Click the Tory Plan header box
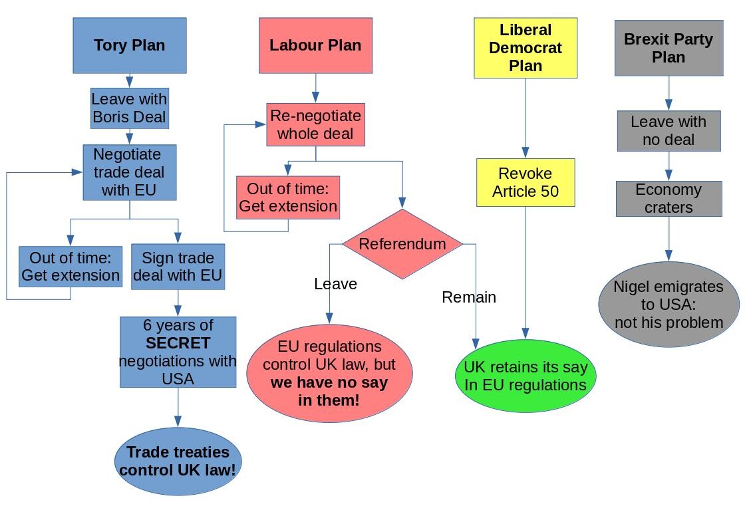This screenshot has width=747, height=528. click(x=130, y=45)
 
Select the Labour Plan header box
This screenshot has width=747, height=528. click(x=315, y=45)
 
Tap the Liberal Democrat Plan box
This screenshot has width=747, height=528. click(x=525, y=48)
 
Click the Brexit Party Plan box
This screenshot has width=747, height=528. click(x=669, y=48)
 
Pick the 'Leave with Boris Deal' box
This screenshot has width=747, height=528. click(x=130, y=108)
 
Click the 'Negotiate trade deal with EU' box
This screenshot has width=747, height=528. click(x=130, y=172)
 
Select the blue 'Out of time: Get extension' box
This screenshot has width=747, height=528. click(x=71, y=267)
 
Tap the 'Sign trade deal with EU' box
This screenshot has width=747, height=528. click(x=178, y=267)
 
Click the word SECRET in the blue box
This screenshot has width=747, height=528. click(x=178, y=343)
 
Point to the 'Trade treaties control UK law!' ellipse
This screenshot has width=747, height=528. click(x=178, y=461)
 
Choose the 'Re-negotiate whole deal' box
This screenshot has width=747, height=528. click(x=315, y=124)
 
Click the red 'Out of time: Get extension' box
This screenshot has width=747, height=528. click(x=288, y=197)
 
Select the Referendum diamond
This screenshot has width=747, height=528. click(x=402, y=244)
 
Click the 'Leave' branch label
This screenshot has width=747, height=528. click(x=335, y=284)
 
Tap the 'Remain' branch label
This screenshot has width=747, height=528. click(x=469, y=297)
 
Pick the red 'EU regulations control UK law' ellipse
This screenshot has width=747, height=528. click(x=329, y=373)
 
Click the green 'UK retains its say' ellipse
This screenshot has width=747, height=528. click(x=525, y=376)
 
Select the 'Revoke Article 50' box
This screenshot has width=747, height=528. click(x=525, y=182)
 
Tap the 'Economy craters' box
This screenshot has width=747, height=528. click(x=669, y=198)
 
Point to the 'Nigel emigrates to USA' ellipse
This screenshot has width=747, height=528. click(x=669, y=305)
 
